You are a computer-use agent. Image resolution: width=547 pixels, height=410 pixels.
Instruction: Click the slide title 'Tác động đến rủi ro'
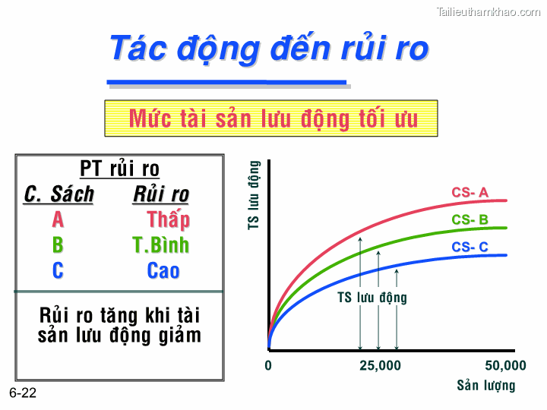pos(269,48)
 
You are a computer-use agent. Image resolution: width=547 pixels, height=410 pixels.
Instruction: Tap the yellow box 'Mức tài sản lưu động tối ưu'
pos(271,118)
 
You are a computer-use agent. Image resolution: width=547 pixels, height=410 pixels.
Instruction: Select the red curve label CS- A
pos(470,193)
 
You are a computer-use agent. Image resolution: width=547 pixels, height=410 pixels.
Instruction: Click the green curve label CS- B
pos(470,220)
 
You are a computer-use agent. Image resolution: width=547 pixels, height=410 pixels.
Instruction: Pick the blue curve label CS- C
pos(470,247)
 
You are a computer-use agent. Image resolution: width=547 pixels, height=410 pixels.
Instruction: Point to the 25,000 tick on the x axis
pos(380,365)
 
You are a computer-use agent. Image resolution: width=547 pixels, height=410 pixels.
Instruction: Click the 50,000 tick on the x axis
pos(505,365)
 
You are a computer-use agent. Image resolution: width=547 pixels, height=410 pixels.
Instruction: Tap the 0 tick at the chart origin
pos(268,365)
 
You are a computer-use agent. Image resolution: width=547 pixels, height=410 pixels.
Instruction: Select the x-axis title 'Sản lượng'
pos(485,386)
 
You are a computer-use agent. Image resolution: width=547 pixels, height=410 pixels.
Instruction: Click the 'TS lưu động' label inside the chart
pos(372,298)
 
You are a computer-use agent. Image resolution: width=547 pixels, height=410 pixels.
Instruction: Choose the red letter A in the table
pos(58,220)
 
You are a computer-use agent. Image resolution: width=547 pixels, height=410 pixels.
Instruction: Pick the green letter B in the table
pos(58,245)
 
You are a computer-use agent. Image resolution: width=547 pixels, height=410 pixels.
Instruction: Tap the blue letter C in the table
pos(58,270)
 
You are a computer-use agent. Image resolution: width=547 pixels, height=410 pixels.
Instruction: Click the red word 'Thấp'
pos(168,220)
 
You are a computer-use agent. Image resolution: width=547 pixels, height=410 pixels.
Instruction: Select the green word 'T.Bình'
pos(160,245)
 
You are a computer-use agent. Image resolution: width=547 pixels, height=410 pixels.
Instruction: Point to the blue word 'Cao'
pos(163,270)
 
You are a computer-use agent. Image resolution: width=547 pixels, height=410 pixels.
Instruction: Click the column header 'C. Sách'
pos(59,194)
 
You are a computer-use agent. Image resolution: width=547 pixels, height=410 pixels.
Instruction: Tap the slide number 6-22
pos(23,393)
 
